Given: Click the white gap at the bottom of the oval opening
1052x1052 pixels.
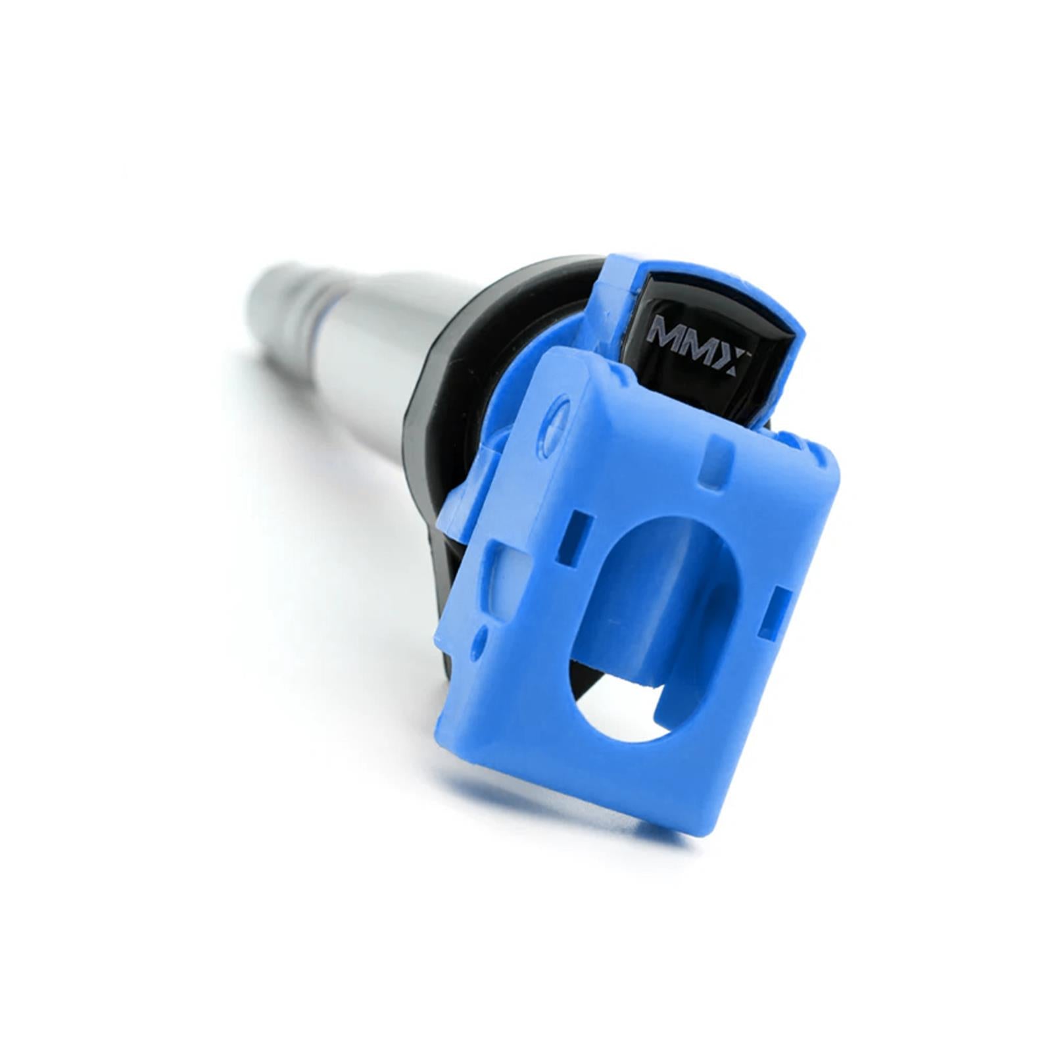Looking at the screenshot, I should pos(618,710).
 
